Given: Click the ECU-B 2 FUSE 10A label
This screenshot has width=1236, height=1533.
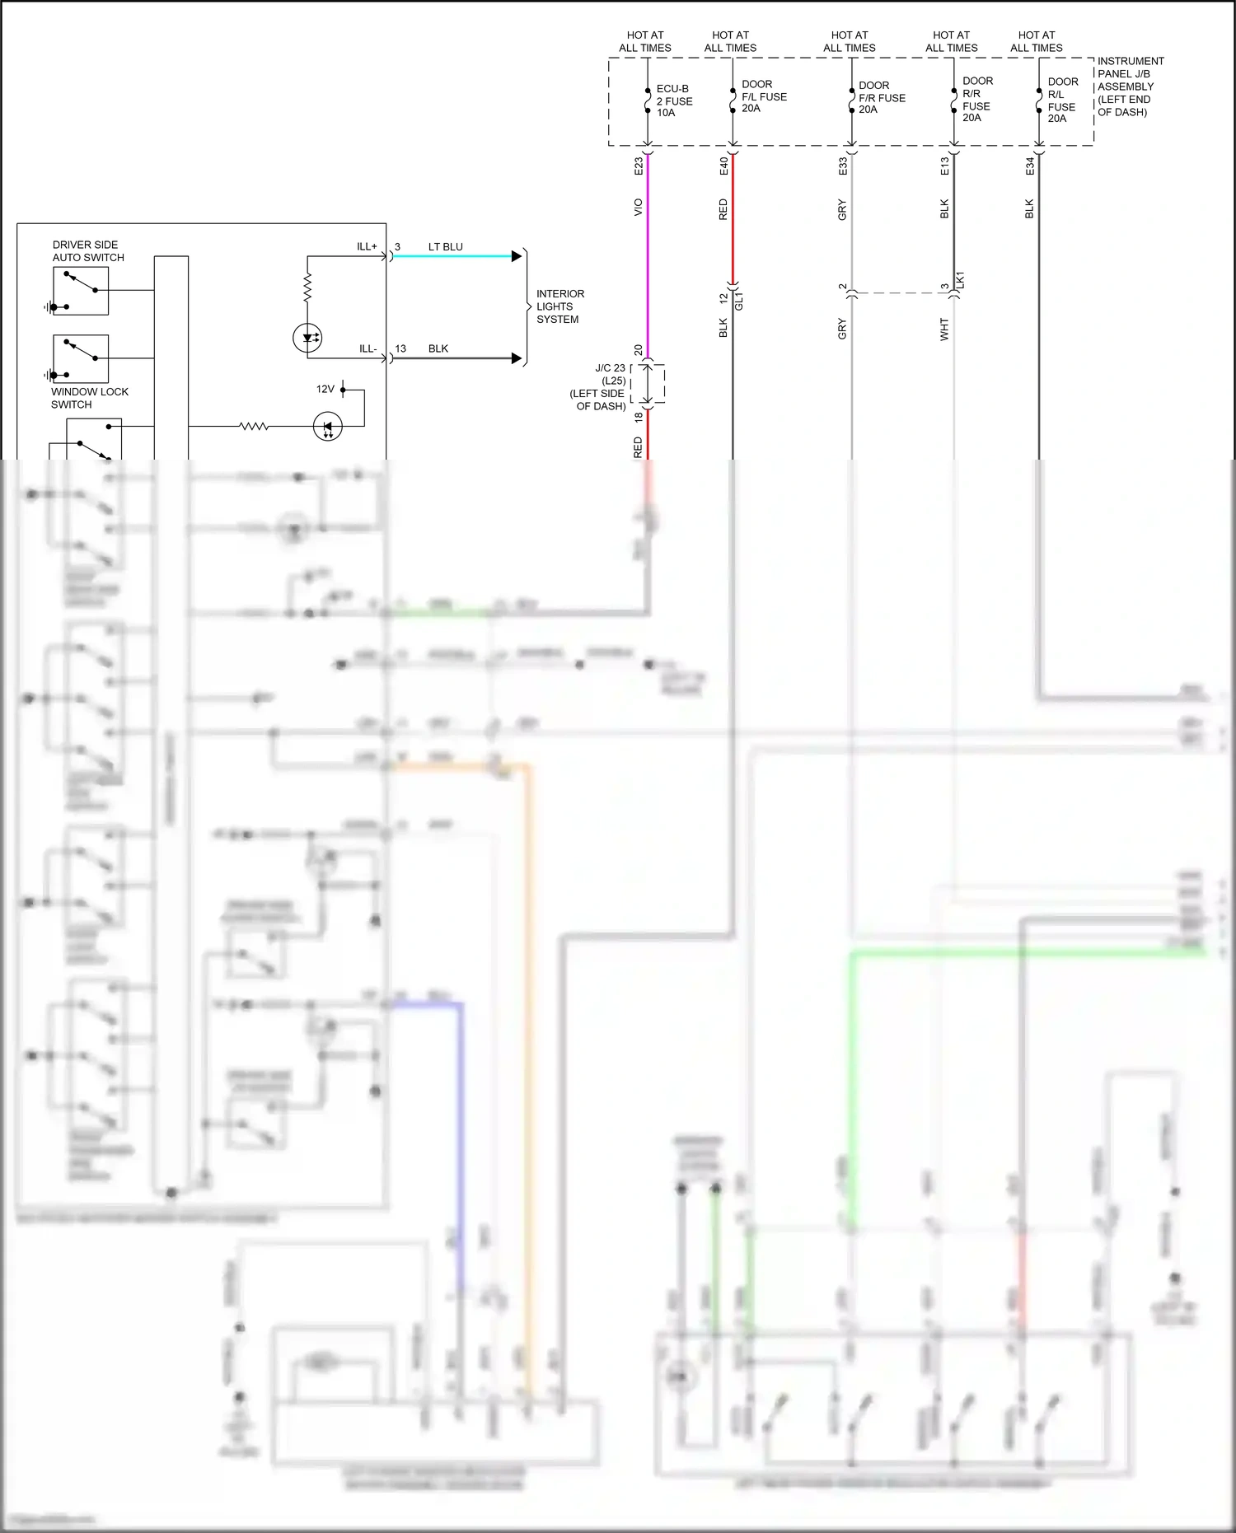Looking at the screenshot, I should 674,100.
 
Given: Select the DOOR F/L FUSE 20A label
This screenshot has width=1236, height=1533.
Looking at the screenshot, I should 764,96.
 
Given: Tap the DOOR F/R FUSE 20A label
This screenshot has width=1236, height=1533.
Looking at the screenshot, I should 882,97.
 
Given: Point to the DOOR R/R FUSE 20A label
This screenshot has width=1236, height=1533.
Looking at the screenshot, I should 977,99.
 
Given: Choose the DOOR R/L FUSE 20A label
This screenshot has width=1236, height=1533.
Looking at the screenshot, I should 1062,100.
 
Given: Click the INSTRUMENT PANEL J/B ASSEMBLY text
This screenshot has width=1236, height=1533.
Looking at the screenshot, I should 1131,86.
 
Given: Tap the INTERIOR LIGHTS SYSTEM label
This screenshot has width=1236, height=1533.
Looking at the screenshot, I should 560,306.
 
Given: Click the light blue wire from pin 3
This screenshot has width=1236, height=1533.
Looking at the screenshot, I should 453,256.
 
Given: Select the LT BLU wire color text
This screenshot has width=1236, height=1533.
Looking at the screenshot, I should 445,246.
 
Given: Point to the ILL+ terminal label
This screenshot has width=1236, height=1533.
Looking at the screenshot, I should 367,246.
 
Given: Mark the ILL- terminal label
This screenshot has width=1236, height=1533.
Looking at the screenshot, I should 368,348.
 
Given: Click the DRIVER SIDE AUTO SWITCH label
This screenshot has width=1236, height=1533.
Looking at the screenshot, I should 88,251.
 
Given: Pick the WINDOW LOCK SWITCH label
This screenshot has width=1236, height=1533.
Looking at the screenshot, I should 89,398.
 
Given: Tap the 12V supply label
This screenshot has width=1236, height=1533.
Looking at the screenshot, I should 325,389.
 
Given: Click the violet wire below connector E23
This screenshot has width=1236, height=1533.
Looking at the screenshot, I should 648,264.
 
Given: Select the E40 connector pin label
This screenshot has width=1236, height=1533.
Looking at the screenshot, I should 724,166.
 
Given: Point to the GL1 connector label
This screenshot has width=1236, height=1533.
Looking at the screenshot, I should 739,300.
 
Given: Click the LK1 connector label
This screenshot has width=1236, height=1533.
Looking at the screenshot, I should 960,280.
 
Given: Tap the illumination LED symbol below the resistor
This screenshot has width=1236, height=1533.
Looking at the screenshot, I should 307,338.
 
